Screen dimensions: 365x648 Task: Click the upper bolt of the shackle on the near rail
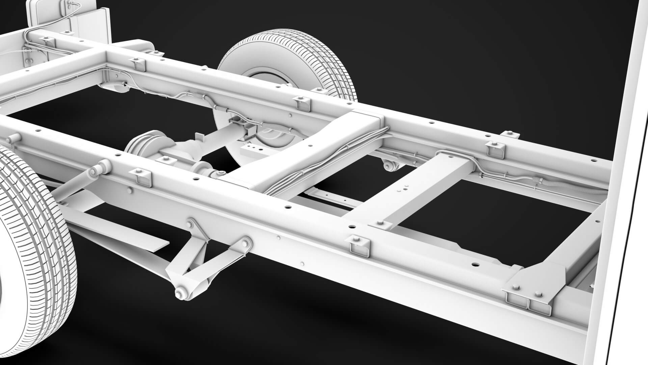(191, 224)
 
